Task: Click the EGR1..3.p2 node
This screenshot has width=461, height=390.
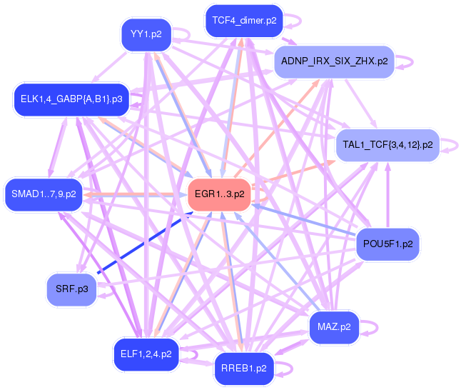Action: [219, 194]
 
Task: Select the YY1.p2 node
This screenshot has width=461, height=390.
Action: [145, 34]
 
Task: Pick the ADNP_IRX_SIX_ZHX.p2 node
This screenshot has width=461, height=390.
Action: [334, 61]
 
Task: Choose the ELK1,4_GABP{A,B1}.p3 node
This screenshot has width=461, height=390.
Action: [71, 99]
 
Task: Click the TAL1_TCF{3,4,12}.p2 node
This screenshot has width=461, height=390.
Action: [387, 145]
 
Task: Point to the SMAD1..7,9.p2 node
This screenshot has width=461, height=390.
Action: [44, 194]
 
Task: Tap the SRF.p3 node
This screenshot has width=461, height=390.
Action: [71, 289]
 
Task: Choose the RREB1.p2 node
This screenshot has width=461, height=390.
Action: [244, 369]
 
